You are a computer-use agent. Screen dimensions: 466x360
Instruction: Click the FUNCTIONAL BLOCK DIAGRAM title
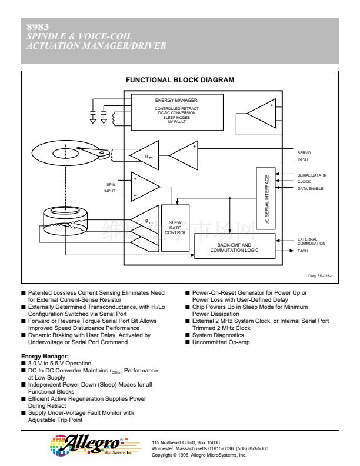(180, 80)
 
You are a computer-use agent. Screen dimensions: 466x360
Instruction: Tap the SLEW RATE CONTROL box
(175, 228)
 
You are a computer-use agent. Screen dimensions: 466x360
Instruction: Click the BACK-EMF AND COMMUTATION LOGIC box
(234, 247)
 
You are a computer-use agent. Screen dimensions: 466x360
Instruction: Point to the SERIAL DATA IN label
(311, 175)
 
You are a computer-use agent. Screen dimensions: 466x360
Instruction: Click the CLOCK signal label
(304, 181)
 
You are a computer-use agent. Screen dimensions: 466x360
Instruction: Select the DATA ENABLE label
(309, 188)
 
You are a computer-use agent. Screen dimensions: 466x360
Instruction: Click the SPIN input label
(111, 184)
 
